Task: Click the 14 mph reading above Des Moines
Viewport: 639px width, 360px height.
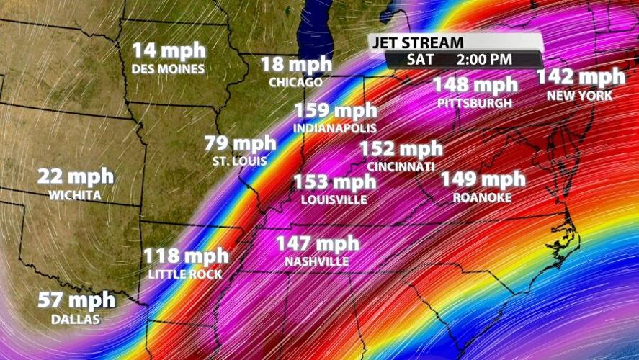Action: click(x=169, y=51)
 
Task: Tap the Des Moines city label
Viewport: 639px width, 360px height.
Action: click(x=169, y=69)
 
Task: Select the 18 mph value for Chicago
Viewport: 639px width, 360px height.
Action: click(x=296, y=64)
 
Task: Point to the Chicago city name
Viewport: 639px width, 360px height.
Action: click(x=295, y=82)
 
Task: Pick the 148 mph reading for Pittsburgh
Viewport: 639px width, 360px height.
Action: click(x=475, y=85)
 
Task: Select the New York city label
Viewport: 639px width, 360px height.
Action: click(x=579, y=95)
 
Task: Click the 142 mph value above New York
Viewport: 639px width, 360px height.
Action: click(x=581, y=77)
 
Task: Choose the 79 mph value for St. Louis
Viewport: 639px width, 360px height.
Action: click(x=240, y=143)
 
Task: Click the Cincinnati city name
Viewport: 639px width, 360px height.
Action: click(x=401, y=166)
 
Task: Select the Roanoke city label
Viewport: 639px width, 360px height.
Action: click(x=482, y=197)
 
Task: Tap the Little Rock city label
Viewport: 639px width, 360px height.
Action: click(x=185, y=274)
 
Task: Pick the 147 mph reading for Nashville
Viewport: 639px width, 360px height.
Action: click(x=317, y=243)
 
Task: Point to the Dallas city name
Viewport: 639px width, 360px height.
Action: click(x=75, y=318)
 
